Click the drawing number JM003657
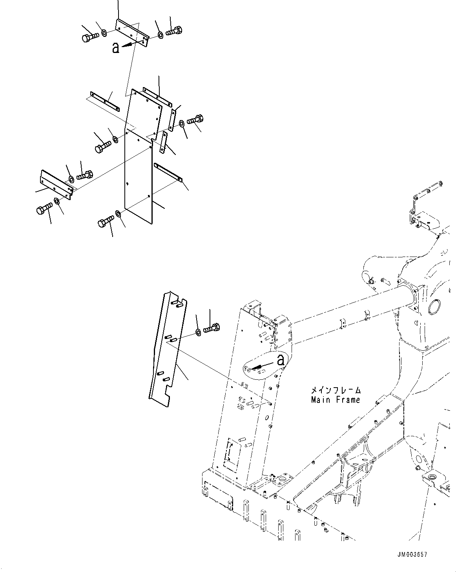point(411,554)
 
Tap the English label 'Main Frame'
point(335,400)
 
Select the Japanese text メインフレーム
point(335,391)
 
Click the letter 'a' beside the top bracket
point(115,48)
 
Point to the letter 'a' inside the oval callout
point(280,360)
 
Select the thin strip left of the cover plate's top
point(104,100)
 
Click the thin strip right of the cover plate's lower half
point(168,172)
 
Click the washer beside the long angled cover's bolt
point(199,333)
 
